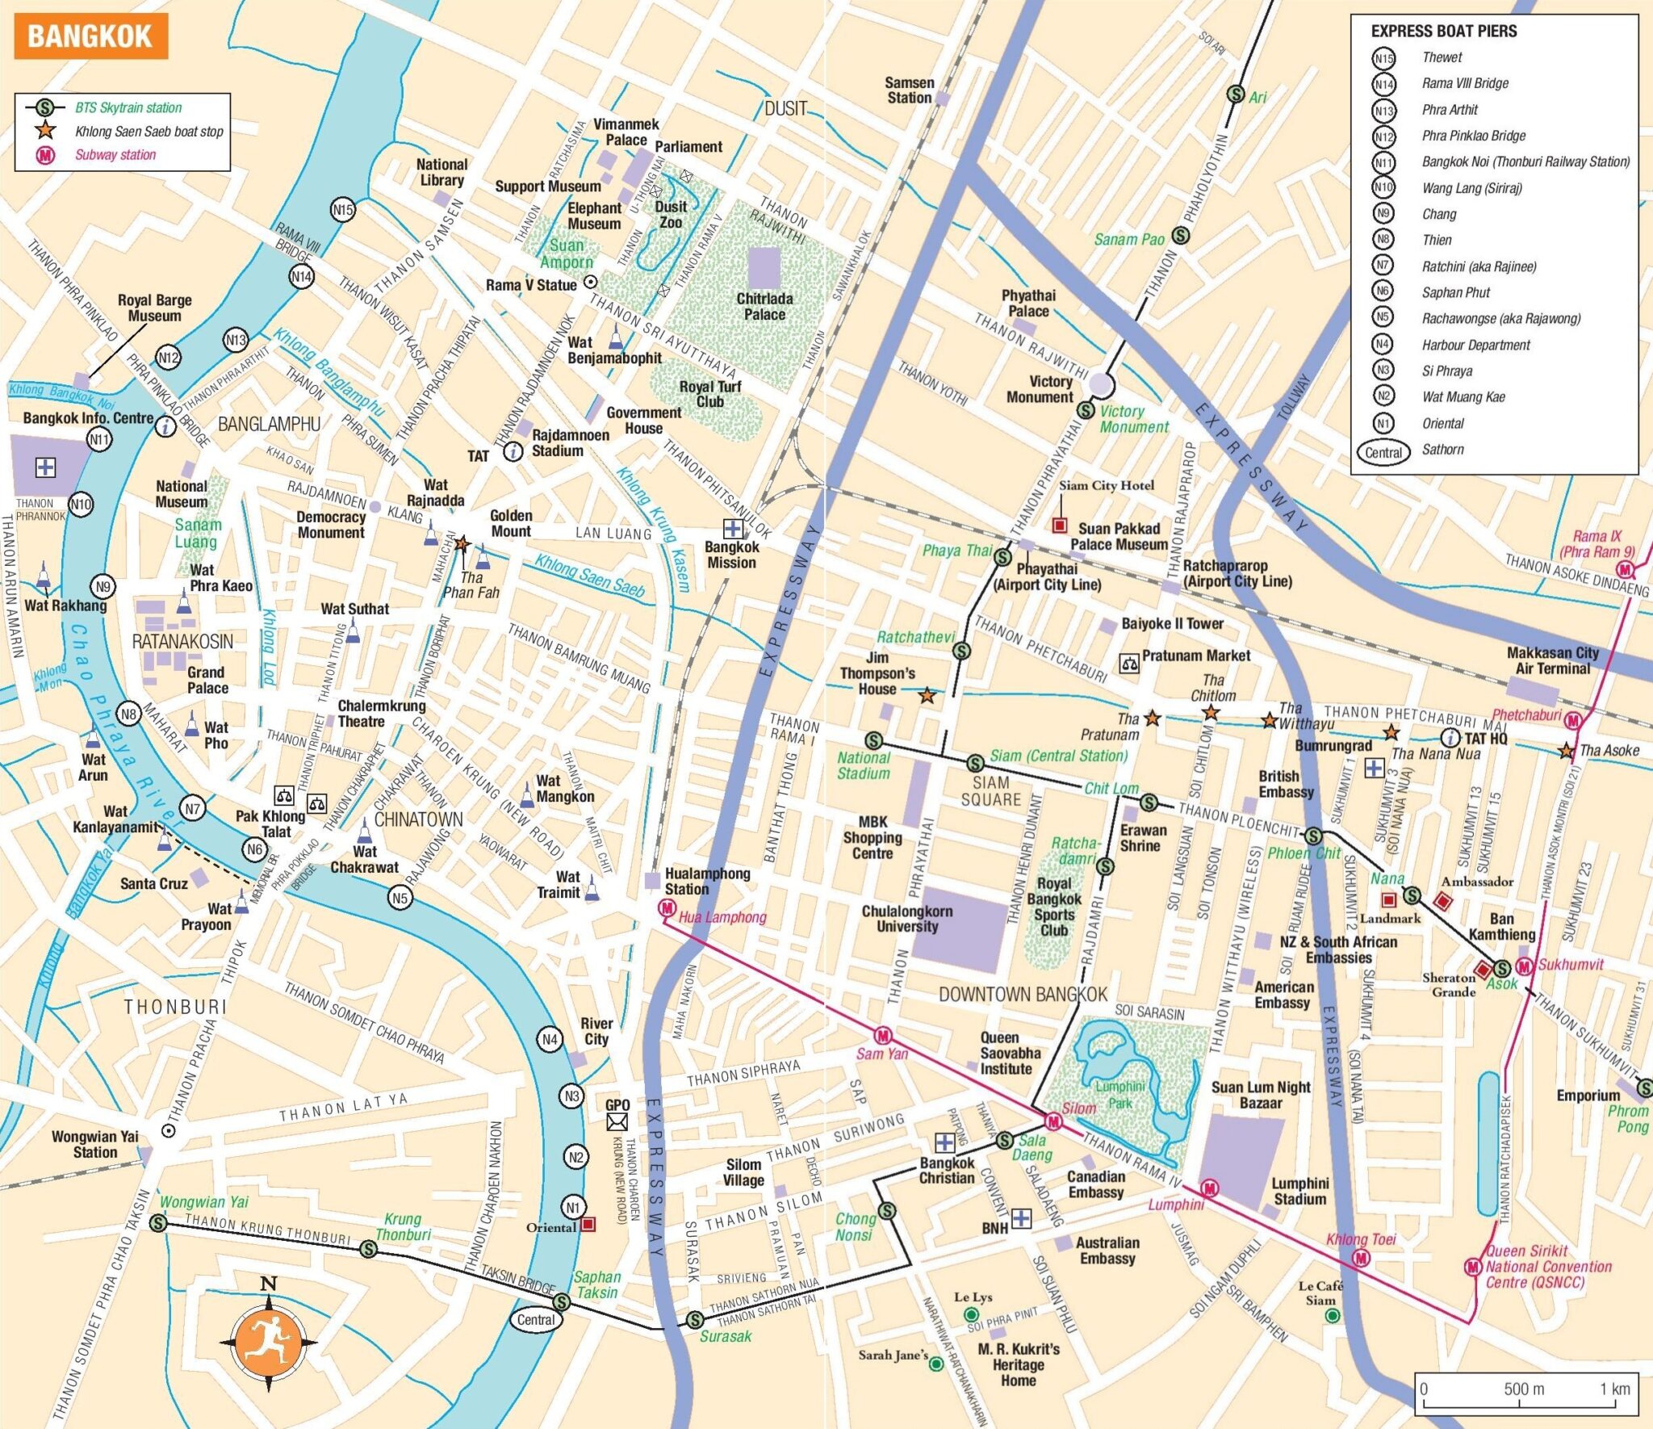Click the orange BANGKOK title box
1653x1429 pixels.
90,36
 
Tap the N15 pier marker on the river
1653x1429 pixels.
343,210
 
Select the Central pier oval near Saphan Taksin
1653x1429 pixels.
536,1319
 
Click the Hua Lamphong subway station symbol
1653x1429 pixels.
667,908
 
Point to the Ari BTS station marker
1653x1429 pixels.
1235,94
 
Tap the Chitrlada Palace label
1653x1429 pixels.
764,306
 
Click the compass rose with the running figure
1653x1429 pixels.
269,1343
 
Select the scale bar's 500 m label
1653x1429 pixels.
1524,1389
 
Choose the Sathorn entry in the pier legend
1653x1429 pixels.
1442,450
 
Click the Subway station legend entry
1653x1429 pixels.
115,155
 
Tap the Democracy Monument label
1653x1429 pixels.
331,525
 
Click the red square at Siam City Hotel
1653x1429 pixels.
1060,526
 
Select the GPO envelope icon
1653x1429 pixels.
617,1121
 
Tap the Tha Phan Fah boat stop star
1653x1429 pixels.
462,544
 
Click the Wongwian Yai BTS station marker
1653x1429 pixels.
158,1223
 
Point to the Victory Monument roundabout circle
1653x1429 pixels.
1101,385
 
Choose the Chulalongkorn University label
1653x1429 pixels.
906,919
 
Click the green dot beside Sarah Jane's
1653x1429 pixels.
935,1364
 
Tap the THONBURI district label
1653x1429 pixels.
175,1007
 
